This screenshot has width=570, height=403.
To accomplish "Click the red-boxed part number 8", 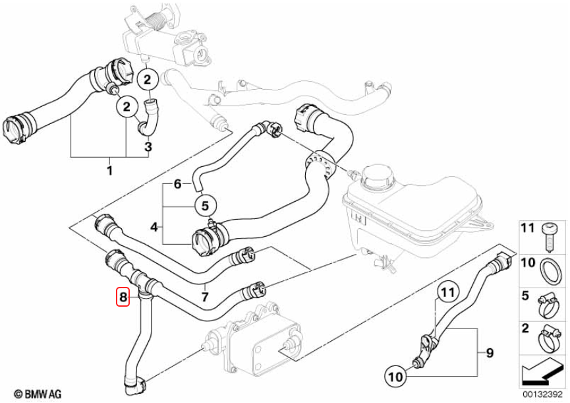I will click(x=123, y=297).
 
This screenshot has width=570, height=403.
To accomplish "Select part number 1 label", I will click(x=109, y=171).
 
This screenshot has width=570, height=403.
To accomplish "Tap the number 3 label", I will click(x=148, y=146).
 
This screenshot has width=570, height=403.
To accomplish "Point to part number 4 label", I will click(x=154, y=228).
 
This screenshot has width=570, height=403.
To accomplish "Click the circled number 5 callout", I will click(x=204, y=205).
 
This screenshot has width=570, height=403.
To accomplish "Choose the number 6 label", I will click(x=177, y=185).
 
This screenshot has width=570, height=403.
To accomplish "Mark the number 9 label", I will click(x=489, y=354).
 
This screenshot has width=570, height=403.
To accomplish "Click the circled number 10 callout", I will click(x=394, y=377).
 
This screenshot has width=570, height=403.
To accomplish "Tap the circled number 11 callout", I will click(x=447, y=291).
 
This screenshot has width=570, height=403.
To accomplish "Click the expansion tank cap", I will click(x=374, y=177).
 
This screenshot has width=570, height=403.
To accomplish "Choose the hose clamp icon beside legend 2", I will click(x=547, y=337).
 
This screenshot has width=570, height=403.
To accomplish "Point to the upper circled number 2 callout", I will click(x=147, y=80).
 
